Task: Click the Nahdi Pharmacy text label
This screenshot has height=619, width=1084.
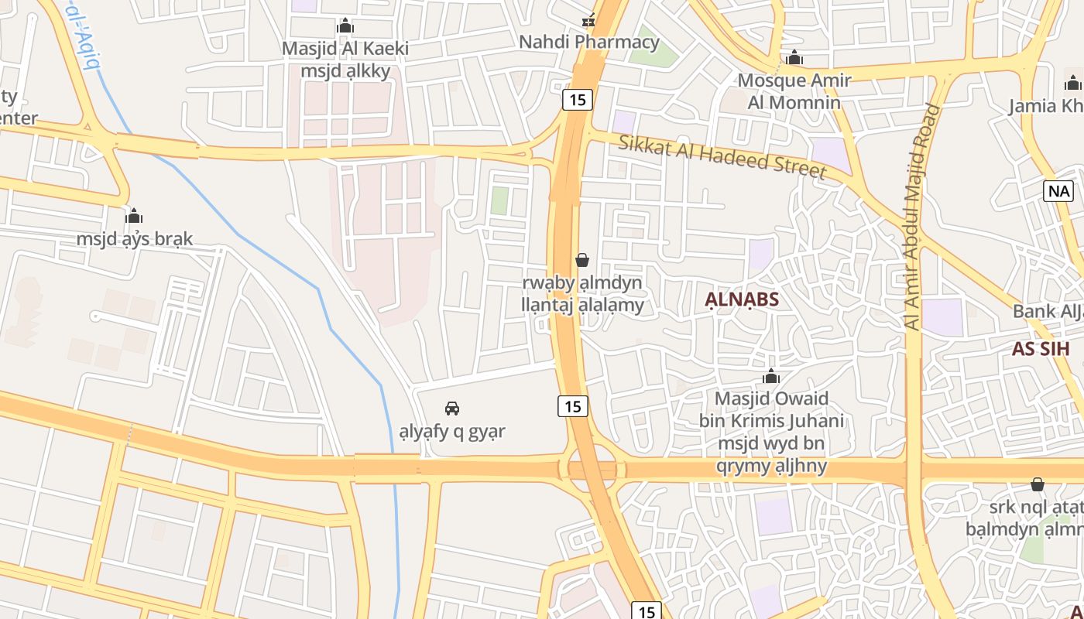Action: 588,42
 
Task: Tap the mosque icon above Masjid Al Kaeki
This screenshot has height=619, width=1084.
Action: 345,26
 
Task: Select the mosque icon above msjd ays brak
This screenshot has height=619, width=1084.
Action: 134,215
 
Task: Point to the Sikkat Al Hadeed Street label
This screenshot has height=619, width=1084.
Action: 722,156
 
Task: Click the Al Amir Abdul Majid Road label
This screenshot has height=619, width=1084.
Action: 921,217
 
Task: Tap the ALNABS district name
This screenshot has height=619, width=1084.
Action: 742,299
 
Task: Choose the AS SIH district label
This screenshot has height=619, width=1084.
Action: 1041,348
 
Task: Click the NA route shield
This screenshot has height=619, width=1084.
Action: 1058,191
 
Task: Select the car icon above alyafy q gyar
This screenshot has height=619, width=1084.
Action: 452,408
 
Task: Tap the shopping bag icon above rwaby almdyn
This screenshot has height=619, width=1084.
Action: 582,260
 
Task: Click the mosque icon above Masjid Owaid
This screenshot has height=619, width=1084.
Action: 771,377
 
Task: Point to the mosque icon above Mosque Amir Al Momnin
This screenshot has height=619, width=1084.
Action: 794,57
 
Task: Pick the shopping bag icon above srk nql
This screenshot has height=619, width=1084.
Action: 1038,484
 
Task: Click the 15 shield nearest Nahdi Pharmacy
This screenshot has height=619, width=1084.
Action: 578,99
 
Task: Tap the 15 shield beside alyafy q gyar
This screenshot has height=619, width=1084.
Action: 573,405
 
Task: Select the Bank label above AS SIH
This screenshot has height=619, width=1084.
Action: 1047,311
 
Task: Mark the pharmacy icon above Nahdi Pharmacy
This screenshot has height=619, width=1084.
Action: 589,20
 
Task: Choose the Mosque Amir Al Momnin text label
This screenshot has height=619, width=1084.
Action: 794,91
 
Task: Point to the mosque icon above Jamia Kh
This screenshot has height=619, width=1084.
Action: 1073,83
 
